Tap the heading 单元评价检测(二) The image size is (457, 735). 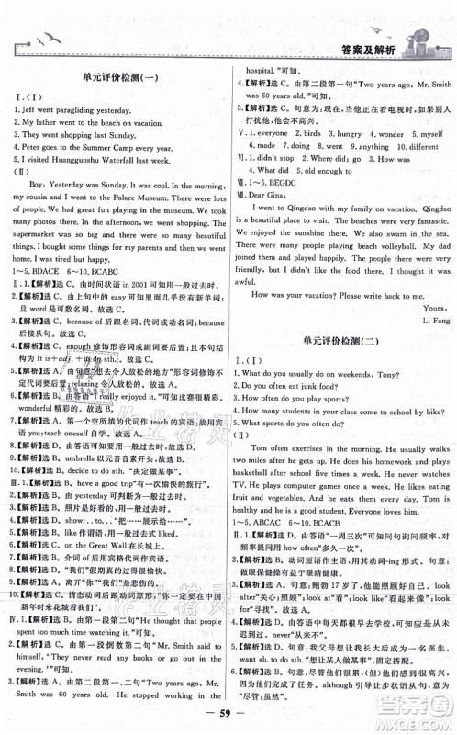[344, 341]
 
